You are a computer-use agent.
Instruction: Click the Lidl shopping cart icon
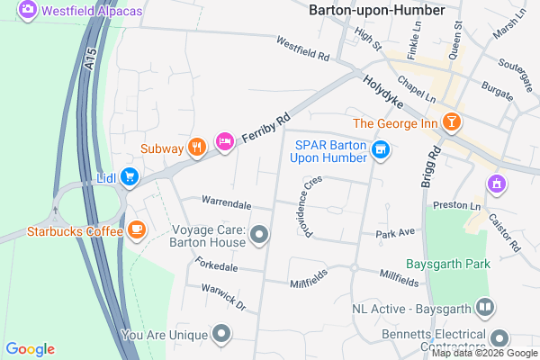(130, 176)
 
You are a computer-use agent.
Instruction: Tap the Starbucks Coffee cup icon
(137, 229)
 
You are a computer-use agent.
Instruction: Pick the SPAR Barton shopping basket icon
(381, 149)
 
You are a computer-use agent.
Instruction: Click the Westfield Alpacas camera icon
(27, 9)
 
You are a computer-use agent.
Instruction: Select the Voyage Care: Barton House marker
(260, 236)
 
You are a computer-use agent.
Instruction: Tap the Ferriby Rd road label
(268, 130)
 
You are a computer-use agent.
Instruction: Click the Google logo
(30, 349)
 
